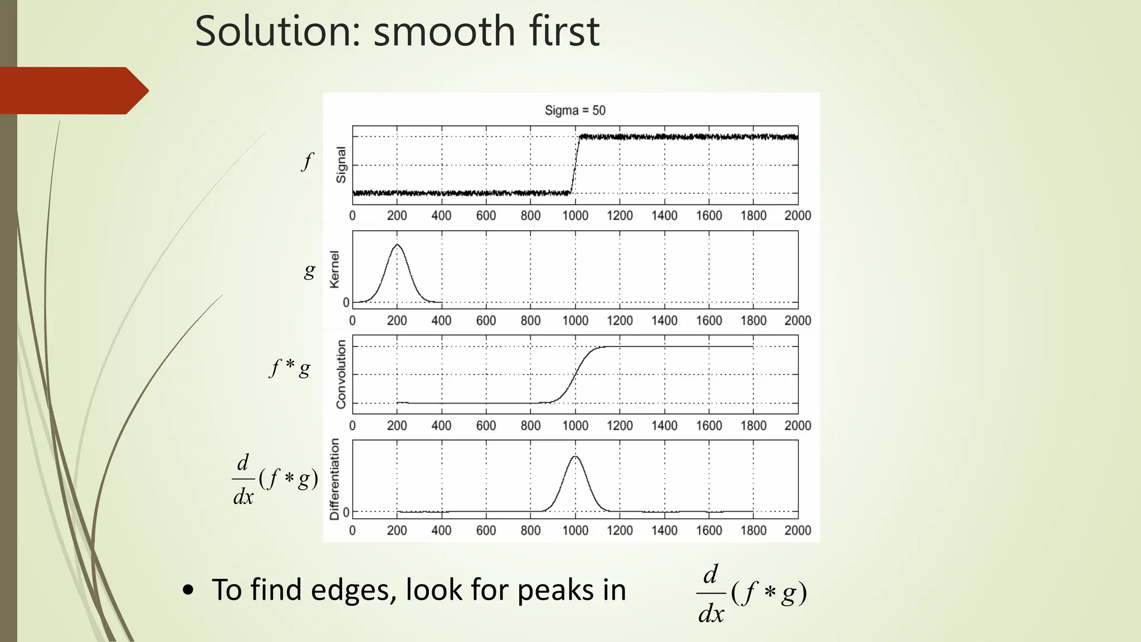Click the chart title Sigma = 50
coord(575,110)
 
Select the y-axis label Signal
coord(341,165)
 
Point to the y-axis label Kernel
coord(334,269)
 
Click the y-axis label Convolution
coord(341,374)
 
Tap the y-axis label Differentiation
coord(334,479)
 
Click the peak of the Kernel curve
coord(397,245)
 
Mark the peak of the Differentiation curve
coord(576,456)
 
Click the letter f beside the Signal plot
coord(308,161)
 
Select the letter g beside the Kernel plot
coord(309,271)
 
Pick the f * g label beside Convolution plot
coord(290,368)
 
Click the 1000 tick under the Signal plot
coord(575,216)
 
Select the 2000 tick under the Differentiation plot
coord(797,531)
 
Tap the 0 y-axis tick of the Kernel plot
coord(346,303)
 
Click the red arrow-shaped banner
coord(72,91)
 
